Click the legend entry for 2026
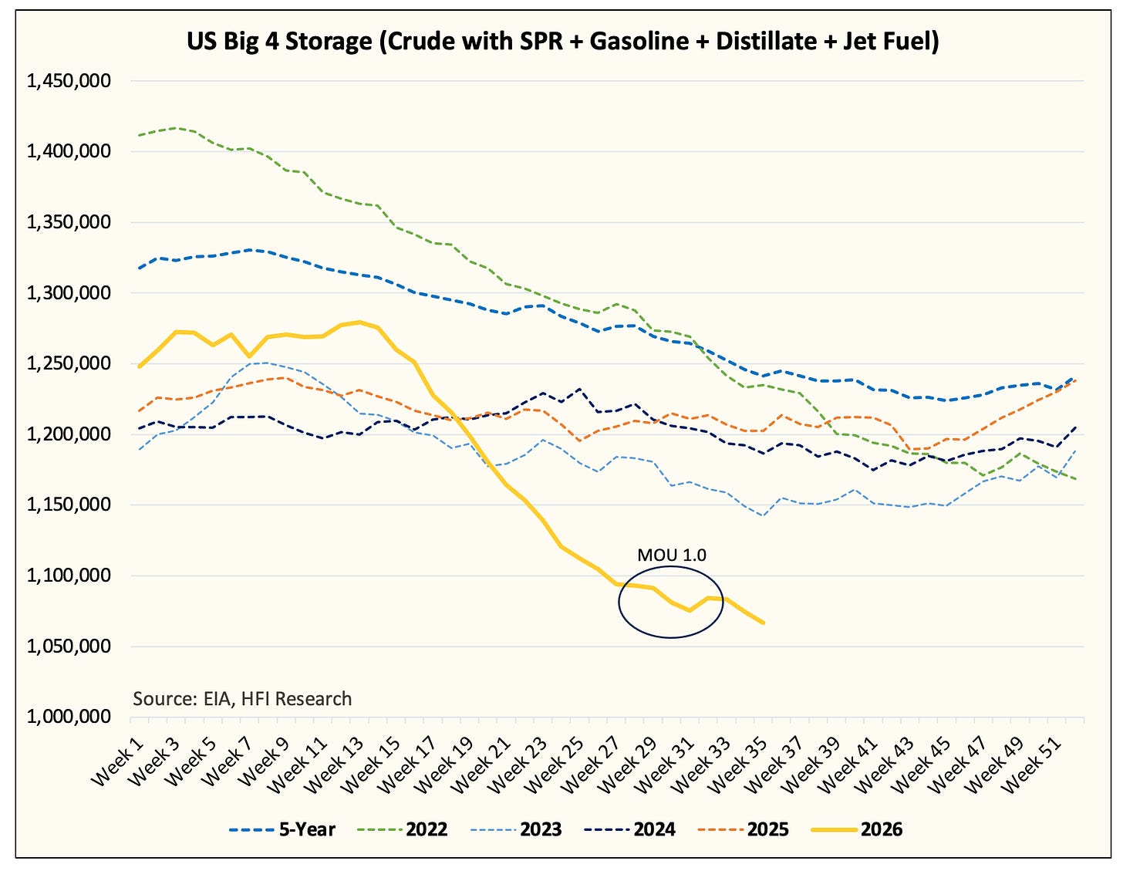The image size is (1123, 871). click(857, 829)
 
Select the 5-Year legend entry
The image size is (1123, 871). click(282, 829)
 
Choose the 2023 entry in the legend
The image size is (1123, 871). click(516, 829)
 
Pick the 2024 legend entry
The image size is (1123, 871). click(629, 829)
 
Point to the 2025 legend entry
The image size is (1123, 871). click(744, 829)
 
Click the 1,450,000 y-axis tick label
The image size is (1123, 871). click(69, 81)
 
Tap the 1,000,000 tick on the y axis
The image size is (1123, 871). click(69, 717)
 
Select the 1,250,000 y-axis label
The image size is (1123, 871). click(69, 363)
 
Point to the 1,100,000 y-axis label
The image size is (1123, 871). click(69, 576)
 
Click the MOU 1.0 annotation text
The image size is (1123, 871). click(671, 555)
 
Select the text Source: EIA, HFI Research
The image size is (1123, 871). click(242, 699)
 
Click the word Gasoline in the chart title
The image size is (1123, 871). click(639, 42)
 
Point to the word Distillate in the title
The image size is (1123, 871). click(764, 42)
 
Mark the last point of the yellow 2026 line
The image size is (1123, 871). click(764, 623)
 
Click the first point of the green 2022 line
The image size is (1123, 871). click(140, 136)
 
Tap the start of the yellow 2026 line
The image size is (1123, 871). click(140, 366)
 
